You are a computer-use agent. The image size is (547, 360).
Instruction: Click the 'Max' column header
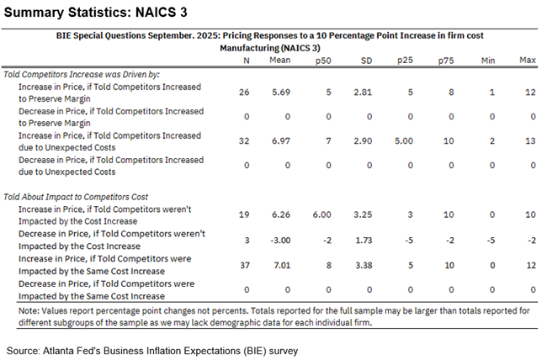[x=528, y=61]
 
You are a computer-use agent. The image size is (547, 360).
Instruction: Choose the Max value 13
[x=528, y=141]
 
